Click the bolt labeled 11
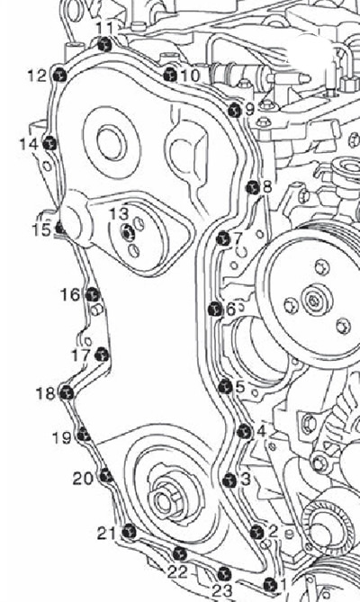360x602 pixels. (104, 45)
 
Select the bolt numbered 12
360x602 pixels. (58, 76)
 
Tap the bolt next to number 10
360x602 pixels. (170, 75)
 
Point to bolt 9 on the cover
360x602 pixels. (234, 111)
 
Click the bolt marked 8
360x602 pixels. (252, 187)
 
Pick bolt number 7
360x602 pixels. (223, 238)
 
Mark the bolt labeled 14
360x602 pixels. (49, 144)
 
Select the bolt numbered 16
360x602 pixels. (93, 295)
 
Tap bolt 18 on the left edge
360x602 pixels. (67, 392)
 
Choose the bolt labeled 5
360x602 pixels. (226, 386)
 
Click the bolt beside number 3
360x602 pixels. (229, 480)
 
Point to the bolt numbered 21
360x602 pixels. (129, 532)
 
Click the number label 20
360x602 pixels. (83, 479)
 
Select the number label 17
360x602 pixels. (81, 355)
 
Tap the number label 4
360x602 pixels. (261, 432)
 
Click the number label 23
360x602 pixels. (222, 590)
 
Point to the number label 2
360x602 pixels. (274, 531)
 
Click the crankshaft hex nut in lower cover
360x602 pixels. (166, 499)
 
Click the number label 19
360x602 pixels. (62, 437)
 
